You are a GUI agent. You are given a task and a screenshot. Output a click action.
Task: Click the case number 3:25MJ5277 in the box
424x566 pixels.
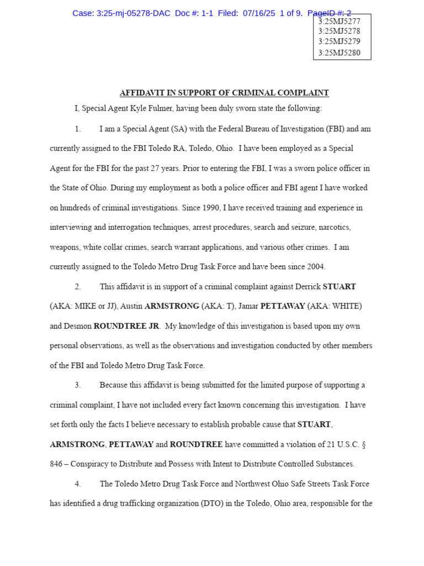pyautogui.click(x=339, y=22)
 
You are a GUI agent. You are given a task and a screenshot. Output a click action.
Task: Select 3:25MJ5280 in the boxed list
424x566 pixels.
pyautogui.click(x=339, y=53)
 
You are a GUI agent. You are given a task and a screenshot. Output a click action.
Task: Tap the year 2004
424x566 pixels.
pyautogui.click(x=316, y=266)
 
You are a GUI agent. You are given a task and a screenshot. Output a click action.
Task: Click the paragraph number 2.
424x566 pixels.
pyautogui.click(x=78, y=286)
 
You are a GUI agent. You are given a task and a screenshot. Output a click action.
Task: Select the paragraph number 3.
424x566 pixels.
pyautogui.click(x=78, y=385)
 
